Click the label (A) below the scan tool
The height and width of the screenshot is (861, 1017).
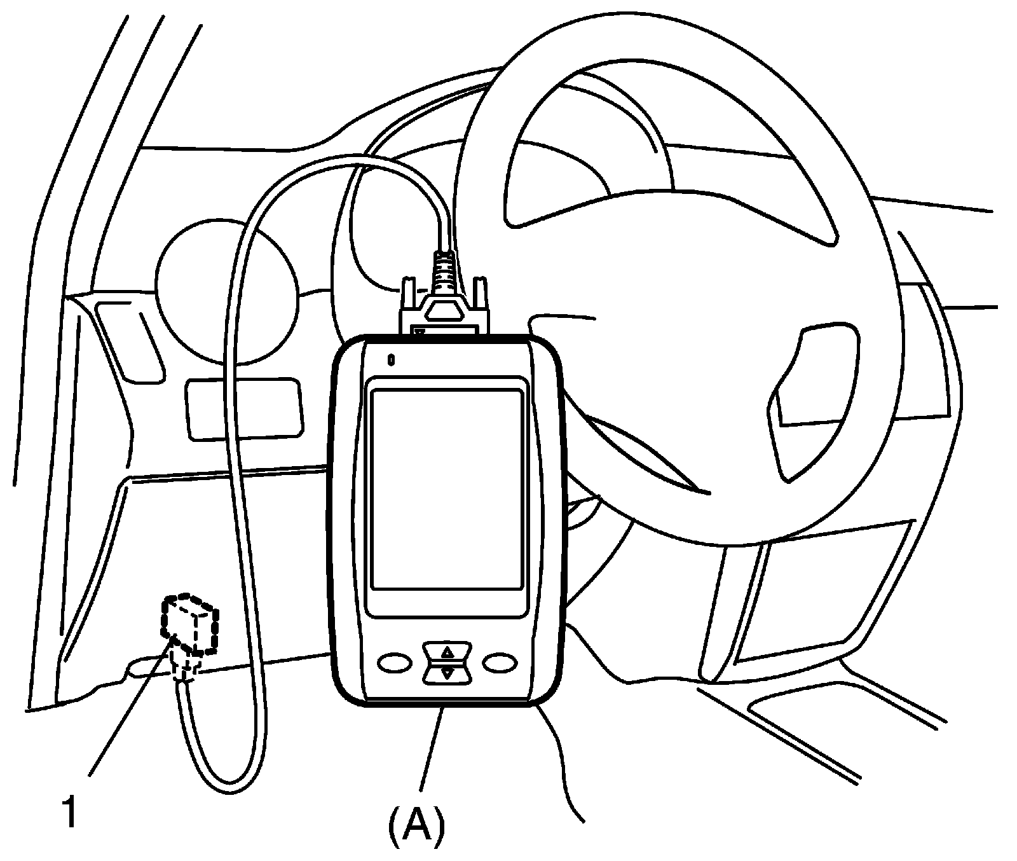(x=416, y=825)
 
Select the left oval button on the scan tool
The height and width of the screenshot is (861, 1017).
(x=395, y=663)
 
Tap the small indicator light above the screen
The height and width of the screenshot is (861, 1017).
(x=392, y=360)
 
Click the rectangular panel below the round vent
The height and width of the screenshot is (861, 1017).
(x=243, y=408)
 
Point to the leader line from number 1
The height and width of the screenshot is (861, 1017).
(x=130, y=709)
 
